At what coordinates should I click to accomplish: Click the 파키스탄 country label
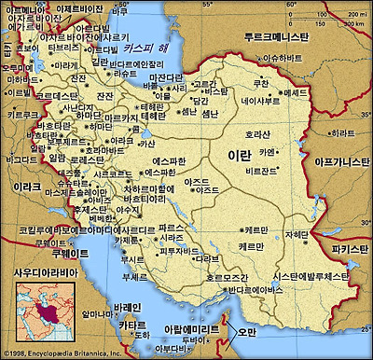[352, 250]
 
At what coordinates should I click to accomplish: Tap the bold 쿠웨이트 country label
[43, 253]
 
